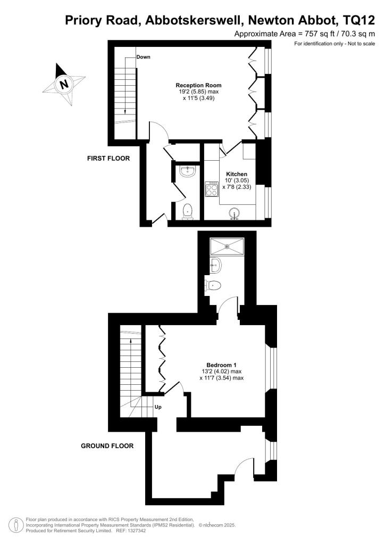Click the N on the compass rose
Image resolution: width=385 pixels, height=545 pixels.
tap(64, 84)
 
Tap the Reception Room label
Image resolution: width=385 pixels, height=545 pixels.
tap(198, 85)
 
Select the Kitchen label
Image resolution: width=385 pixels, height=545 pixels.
tap(237, 174)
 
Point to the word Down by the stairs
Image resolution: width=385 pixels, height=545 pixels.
tap(143, 56)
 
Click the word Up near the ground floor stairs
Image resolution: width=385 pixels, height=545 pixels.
tap(158, 407)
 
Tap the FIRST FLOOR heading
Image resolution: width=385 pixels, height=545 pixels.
tap(108, 158)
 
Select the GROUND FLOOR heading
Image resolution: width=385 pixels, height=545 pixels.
tap(107, 446)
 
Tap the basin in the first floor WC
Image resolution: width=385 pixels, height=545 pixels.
tap(187, 170)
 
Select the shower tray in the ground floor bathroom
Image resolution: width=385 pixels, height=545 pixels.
tap(227, 246)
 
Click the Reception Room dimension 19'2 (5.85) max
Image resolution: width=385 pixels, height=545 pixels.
tap(199, 92)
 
